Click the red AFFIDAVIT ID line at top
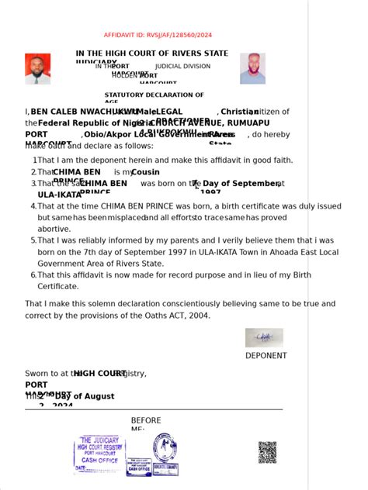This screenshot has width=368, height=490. coord(158,35)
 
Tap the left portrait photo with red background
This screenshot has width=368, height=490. coord(38,68)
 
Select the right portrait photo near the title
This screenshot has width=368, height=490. coord(252,68)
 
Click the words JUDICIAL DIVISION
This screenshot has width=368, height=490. coord(182,67)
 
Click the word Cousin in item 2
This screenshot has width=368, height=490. coord(146,171)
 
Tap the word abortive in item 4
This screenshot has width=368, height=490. coord(54,229)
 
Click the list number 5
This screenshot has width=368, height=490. coord(33,240)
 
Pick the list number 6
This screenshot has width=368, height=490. coord(33,274)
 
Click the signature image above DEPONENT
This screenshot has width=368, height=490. coord(264,337)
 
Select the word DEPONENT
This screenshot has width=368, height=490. coord(266,356)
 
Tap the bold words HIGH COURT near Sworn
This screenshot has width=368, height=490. coord(101,373)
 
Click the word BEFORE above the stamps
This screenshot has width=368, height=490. coord(146,420)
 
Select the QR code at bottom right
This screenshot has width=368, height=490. coord(267,452)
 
